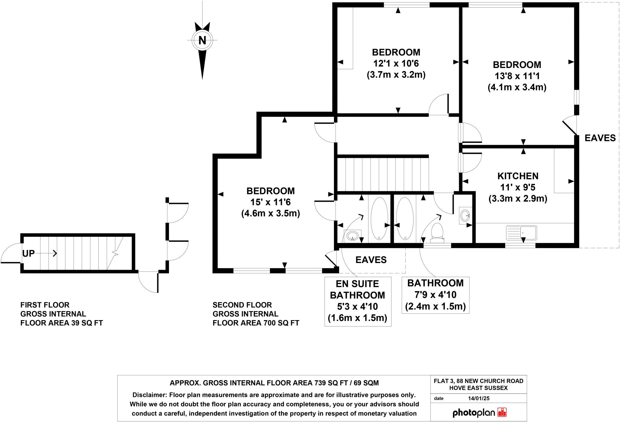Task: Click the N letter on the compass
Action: [x=202, y=40]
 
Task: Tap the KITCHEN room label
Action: [x=518, y=176]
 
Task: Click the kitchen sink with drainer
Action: [x=521, y=233]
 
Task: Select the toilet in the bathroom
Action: [x=437, y=233]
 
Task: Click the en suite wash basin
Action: [x=352, y=235]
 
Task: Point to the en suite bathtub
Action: [x=379, y=218]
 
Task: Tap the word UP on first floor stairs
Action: [x=28, y=253]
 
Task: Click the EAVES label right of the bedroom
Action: [x=600, y=138]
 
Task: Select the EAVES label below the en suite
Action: [x=371, y=260]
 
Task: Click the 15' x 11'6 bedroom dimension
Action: [x=270, y=202]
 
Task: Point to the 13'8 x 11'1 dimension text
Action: [x=517, y=76]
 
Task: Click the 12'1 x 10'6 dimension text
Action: [x=396, y=63]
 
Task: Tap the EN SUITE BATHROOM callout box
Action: [x=358, y=301]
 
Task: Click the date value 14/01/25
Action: [x=478, y=398]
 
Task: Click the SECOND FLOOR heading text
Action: [x=242, y=305]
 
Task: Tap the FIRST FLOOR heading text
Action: [x=45, y=305]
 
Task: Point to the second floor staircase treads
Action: [x=383, y=174]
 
